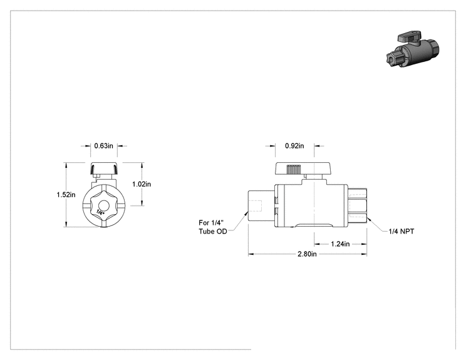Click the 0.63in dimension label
click(x=104, y=146)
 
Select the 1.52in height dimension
click(x=66, y=195)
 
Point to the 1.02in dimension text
click(x=142, y=184)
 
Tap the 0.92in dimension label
click(x=294, y=146)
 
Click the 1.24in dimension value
click(x=340, y=244)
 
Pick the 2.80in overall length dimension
click(x=308, y=254)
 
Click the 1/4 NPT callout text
click(x=401, y=231)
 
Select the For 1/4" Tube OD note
click(x=213, y=227)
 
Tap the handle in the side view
click(x=303, y=168)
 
